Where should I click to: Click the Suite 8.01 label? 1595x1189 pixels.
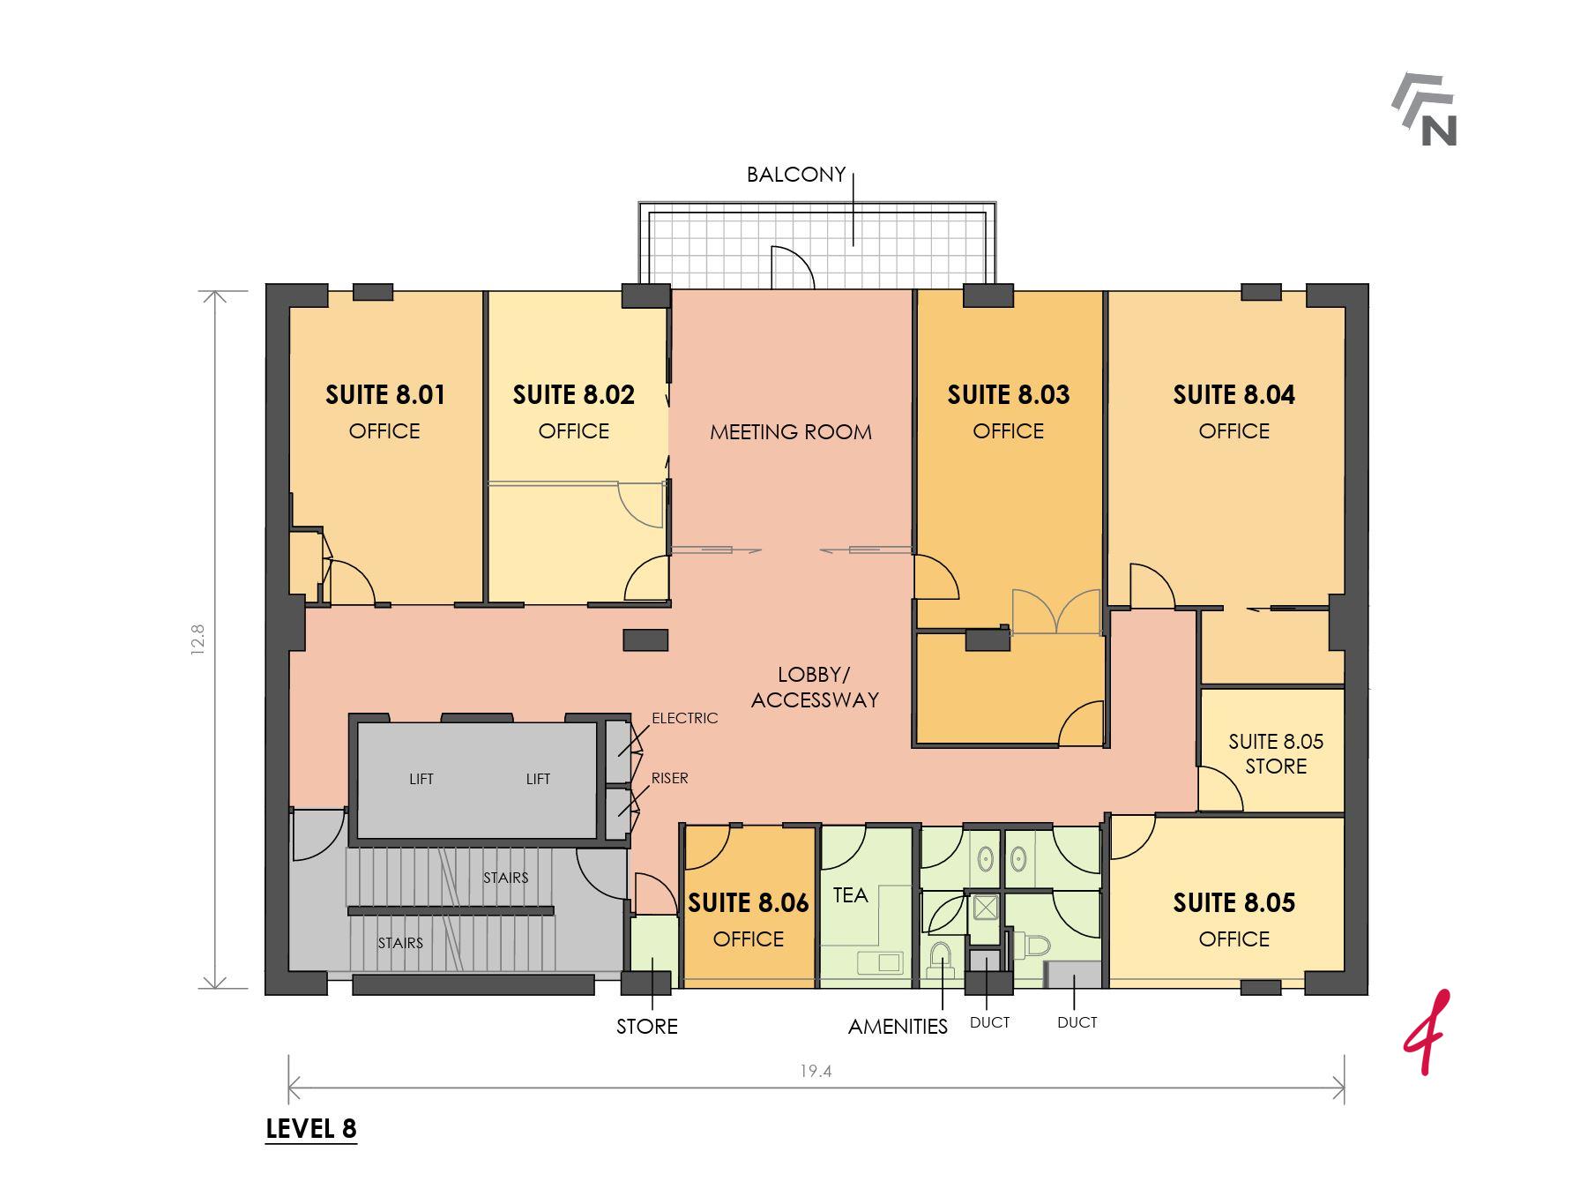[384, 394]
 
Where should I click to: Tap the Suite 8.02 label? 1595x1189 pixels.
[573, 394]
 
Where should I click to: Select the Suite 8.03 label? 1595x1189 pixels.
[1008, 394]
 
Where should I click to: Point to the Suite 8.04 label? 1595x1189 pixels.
[1234, 394]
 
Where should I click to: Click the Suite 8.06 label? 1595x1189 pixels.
[748, 902]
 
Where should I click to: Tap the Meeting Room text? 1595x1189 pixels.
[791, 432]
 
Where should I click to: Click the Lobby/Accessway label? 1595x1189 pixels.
[815, 687]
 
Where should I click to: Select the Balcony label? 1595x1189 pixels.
[796, 175]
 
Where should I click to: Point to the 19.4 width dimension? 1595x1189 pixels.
[816, 1072]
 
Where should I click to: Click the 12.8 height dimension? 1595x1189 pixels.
[197, 639]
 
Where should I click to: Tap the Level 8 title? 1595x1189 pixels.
[311, 1129]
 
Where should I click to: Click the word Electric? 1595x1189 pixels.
[685, 718]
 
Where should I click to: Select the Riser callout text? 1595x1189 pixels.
[670, 778]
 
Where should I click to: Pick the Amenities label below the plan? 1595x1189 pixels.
[898, 1027]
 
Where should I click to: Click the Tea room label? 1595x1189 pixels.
[850, 895]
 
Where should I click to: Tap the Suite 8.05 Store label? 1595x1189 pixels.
[1276, 753]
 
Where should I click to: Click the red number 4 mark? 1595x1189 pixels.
[1426, 1033]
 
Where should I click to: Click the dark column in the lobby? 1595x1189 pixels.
[645, 640]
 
